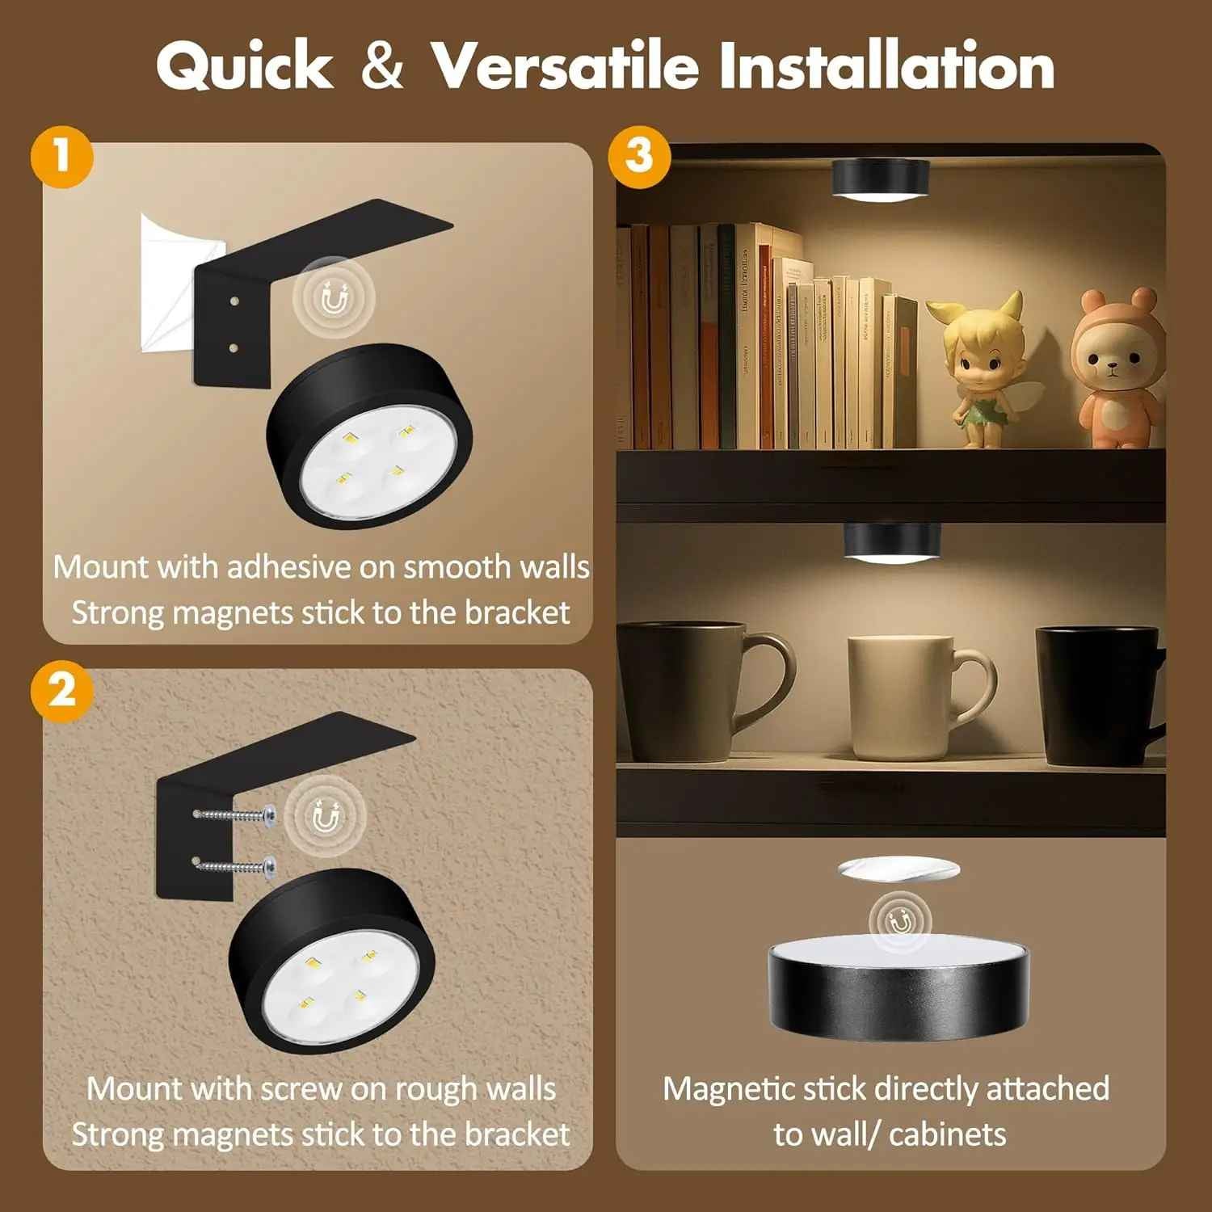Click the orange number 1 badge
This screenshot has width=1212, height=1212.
point(62,156)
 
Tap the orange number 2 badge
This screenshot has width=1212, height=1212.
point(62,692)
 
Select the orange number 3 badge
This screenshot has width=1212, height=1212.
point(639,155)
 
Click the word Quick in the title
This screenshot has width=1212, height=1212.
point(244,65)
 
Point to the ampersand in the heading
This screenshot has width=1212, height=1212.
point(381,66)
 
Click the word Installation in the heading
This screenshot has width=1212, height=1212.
point(886,65)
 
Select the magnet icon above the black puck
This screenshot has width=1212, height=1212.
point(900,920)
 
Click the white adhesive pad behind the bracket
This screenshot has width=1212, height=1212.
point(166,283)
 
